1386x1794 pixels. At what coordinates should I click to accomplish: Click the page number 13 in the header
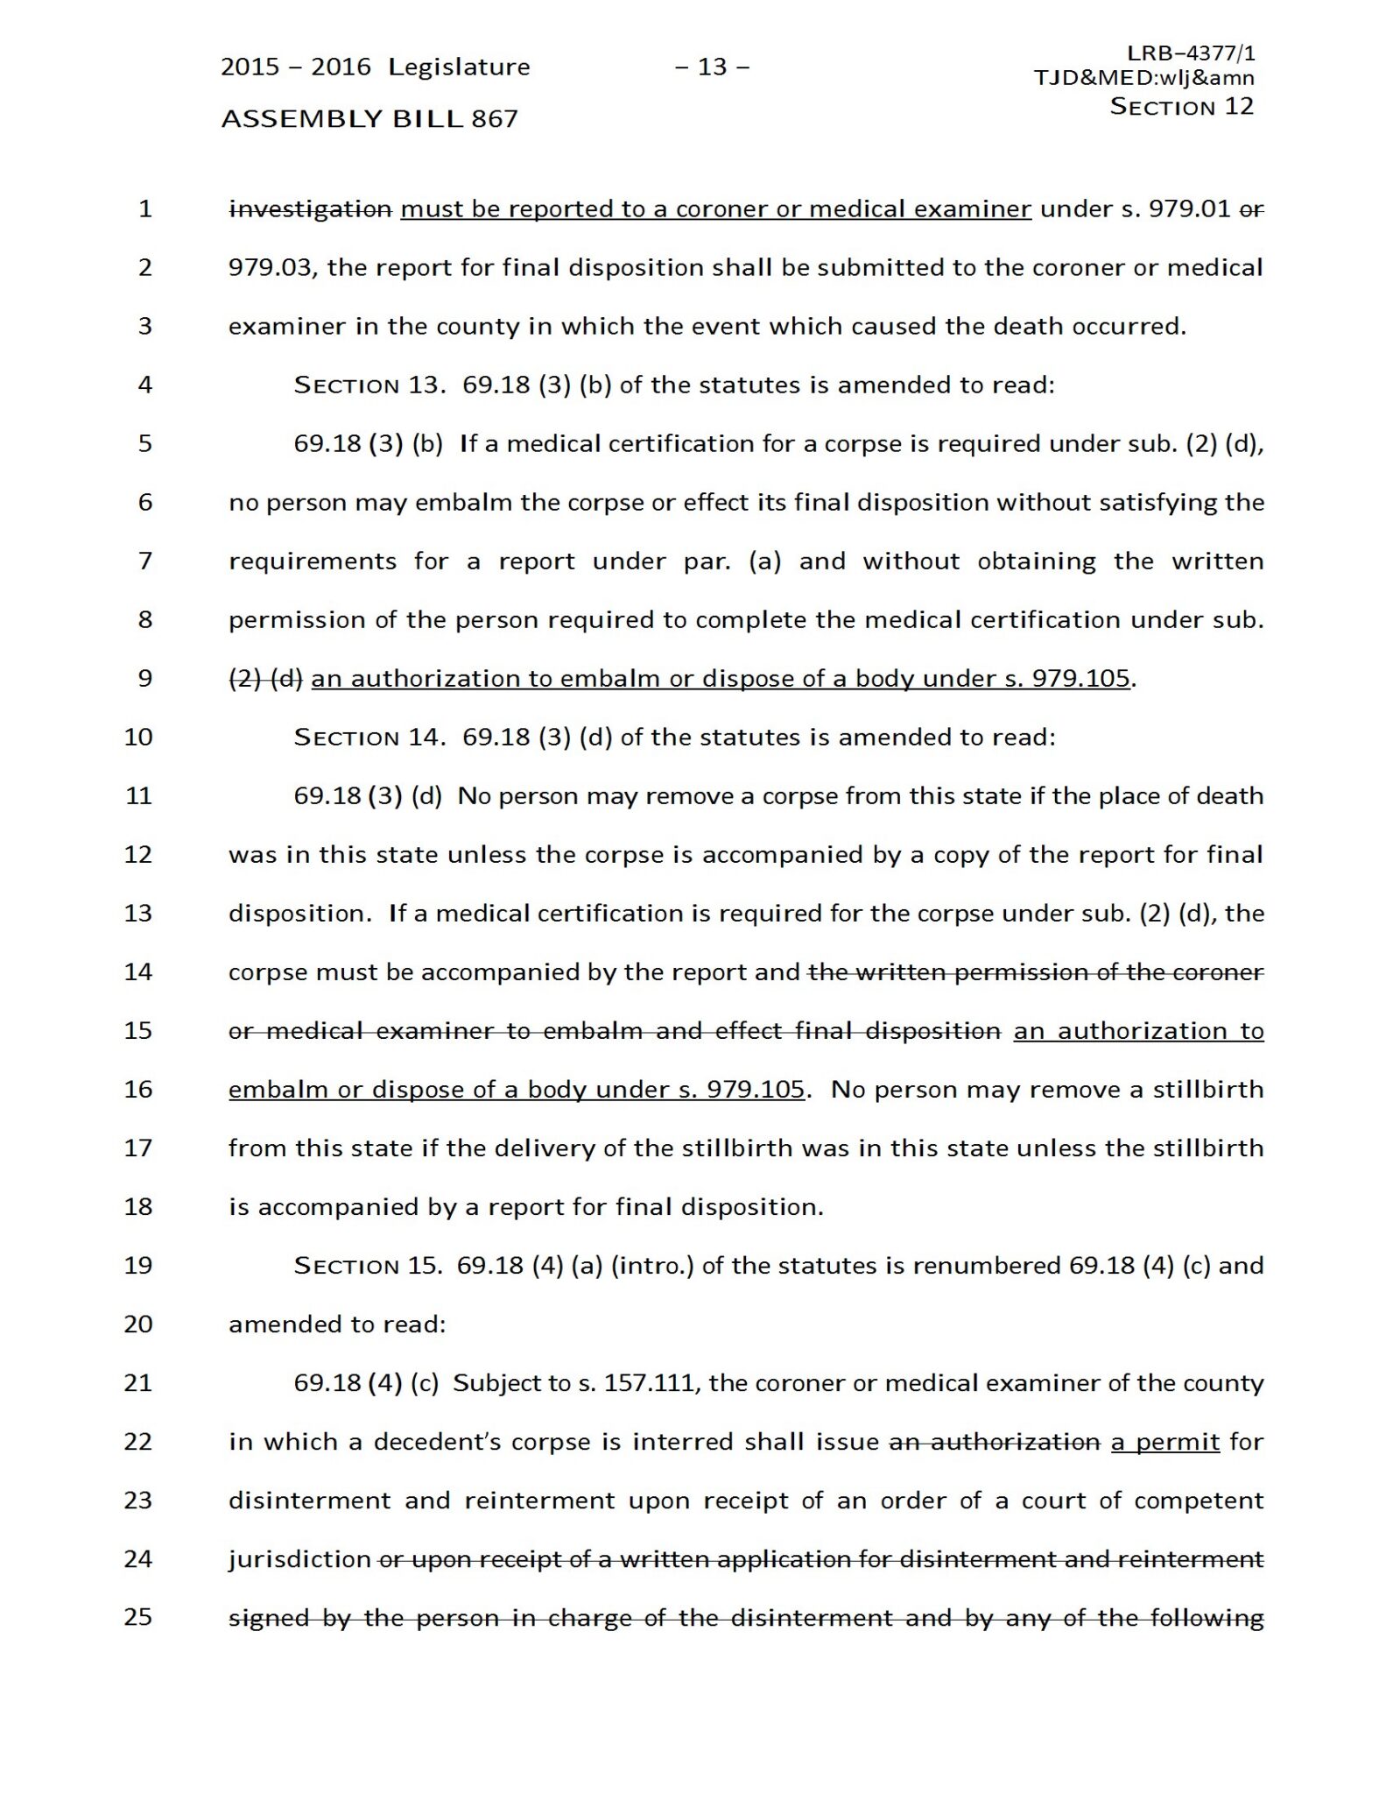(712, 67)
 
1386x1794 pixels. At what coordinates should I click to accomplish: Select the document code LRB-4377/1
(1191, 53)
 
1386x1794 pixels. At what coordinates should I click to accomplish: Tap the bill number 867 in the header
(495, 119)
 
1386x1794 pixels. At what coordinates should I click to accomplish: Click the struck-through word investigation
(310, 209)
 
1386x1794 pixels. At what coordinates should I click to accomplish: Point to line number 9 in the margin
(145, 679)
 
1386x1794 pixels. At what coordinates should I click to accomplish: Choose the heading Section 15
(368, 1266)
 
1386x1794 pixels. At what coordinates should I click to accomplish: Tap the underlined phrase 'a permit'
(1165, 1442)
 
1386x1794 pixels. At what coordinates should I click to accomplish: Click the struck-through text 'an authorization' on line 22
(995, 1442)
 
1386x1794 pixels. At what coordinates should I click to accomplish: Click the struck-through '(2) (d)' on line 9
(265, 679)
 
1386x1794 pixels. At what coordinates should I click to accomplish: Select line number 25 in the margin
(138, 1617)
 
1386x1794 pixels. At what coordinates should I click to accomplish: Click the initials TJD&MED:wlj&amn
(1143, 78)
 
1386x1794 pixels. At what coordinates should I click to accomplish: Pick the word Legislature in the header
(459, 67)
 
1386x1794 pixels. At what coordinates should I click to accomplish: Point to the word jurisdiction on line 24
(300, 1559)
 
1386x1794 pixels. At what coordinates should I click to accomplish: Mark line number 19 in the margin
(138, 1266)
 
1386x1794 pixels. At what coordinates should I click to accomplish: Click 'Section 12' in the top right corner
(1181, 107)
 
